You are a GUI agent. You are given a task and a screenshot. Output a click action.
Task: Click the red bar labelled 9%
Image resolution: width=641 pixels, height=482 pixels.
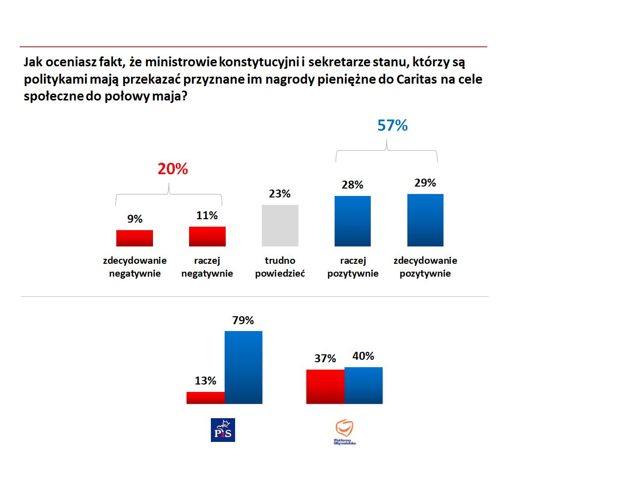point(135,238)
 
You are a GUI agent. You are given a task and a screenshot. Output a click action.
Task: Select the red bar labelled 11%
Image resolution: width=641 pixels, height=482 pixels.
point(207,237)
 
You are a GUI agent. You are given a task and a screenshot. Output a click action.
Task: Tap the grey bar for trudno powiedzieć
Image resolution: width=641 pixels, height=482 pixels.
point(280,226)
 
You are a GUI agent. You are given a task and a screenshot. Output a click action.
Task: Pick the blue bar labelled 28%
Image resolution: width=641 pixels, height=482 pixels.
point(352,221)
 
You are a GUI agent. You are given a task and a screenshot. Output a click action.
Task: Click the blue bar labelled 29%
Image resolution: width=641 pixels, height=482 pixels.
point(425,220)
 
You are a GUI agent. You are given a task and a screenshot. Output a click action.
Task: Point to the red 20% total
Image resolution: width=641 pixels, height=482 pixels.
point(173,169)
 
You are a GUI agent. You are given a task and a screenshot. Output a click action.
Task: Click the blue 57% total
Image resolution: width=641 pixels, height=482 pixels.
point(393,126)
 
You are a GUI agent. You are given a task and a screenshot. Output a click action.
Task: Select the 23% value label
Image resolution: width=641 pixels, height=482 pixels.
point(280,194)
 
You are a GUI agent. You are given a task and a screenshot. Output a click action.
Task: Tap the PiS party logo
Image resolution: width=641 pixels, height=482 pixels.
point(223,430)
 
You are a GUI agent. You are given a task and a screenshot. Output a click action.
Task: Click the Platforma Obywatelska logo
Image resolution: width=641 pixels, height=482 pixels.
point(345,432)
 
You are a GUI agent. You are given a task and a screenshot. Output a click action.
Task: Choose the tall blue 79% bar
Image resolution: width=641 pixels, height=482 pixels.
point(244,367)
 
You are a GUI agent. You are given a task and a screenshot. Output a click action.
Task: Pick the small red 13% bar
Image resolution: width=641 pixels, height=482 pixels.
point(205,398)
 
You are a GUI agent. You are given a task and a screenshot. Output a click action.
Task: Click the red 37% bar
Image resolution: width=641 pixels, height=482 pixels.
point(325,386)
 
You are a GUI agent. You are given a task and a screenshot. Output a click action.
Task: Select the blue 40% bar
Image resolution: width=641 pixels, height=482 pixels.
point(363,386)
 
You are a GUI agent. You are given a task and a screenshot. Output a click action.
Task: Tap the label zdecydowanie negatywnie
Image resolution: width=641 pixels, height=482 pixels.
point(135,267)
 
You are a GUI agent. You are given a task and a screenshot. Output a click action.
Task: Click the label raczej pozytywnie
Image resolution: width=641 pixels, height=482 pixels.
point(352,267)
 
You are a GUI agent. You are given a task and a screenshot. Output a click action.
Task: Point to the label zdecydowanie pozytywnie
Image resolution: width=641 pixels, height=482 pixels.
point(425,267)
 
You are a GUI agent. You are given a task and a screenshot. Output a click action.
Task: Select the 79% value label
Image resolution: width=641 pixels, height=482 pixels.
point(243,321)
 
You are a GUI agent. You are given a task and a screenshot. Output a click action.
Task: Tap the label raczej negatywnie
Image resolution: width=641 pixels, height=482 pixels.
point(207,267)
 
